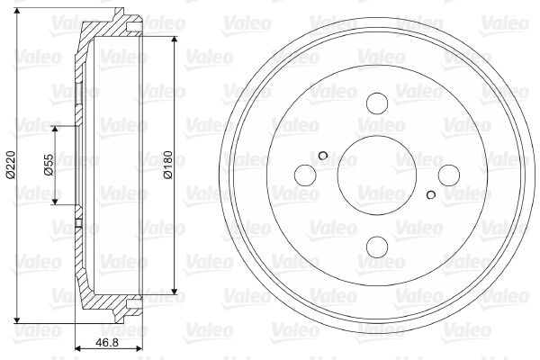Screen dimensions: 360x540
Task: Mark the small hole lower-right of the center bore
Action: pyautogui.click(x=432, y=194)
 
